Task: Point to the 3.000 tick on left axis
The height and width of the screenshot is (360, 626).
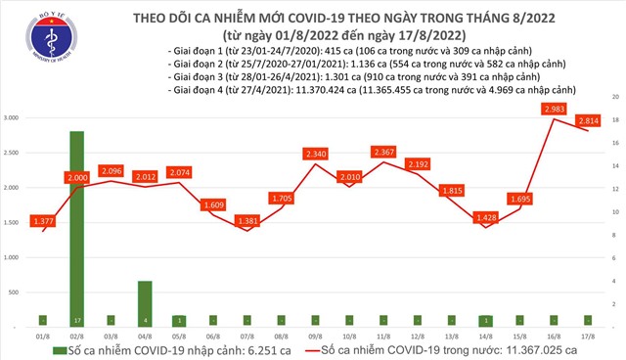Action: (x=16, y=118)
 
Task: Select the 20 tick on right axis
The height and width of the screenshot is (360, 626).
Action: (x=613, y=98)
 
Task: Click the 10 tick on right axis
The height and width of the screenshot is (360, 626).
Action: (x=613, y=212)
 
